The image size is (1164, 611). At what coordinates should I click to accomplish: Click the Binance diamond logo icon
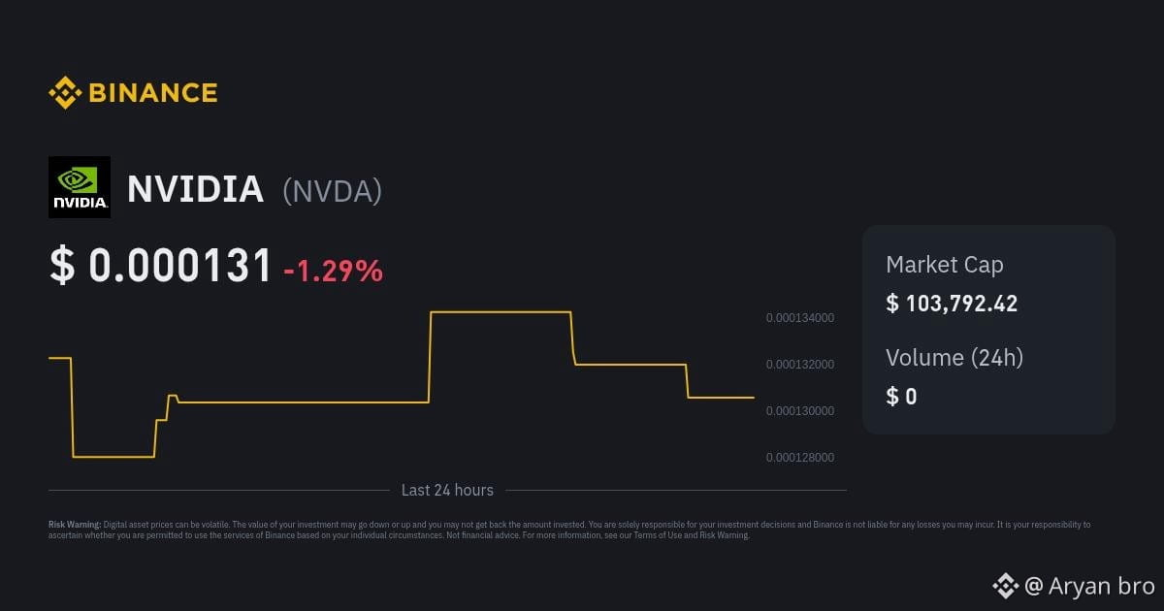click(x=65, y=92)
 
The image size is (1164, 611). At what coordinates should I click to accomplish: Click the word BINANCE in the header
click(x=153, y=93)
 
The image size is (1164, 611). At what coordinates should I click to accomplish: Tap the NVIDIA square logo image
click(x=80, y=187)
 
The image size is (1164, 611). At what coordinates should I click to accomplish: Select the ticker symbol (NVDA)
click(x=332, y=191)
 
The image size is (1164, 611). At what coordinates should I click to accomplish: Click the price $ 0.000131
click(x=161, y=265)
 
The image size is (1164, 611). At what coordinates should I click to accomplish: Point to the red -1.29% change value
click(x=333, y=271)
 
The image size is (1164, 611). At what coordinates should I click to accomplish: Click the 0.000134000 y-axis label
click(x=800, y=317)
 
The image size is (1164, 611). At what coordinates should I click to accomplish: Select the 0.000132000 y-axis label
click(x=800, y=365)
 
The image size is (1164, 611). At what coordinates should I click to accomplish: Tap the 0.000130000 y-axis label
click(x=800, y=410)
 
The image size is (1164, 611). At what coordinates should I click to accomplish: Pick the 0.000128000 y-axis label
click(x=800, y=457)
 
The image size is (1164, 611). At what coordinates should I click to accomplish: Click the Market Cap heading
click(x=945, y=265)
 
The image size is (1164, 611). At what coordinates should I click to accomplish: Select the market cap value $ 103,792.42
click(x=952, y=304)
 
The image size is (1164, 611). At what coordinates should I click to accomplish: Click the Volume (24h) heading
click(x=954, y=358)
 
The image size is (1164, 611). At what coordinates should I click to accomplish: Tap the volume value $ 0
click(x=901, y=397)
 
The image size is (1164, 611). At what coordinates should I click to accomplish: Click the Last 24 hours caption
click(x=447, y=490)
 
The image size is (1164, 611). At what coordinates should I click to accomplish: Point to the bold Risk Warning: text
click(x=75, y=525)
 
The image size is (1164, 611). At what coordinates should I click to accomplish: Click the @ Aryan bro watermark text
click(x=1089, y=586)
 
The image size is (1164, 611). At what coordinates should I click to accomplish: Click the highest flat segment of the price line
click(x=501, y=312)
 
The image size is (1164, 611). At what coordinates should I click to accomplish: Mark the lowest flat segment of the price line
click(x=113, y=457)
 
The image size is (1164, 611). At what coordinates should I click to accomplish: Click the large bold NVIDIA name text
click(x=195, y=188)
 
